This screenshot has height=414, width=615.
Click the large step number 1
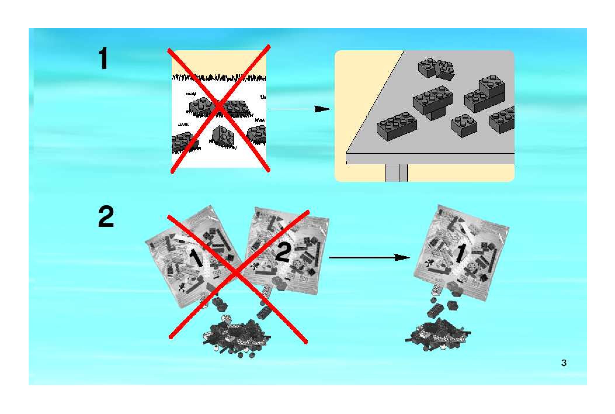(103, 59)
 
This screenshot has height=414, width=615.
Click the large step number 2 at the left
(106, 217)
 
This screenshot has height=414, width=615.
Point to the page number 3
(564, 363)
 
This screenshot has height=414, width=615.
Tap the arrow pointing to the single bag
(369, 258)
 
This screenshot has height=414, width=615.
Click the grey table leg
(396, 173)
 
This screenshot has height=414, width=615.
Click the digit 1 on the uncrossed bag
(460, 253)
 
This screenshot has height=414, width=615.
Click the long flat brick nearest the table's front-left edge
(397, 126)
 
